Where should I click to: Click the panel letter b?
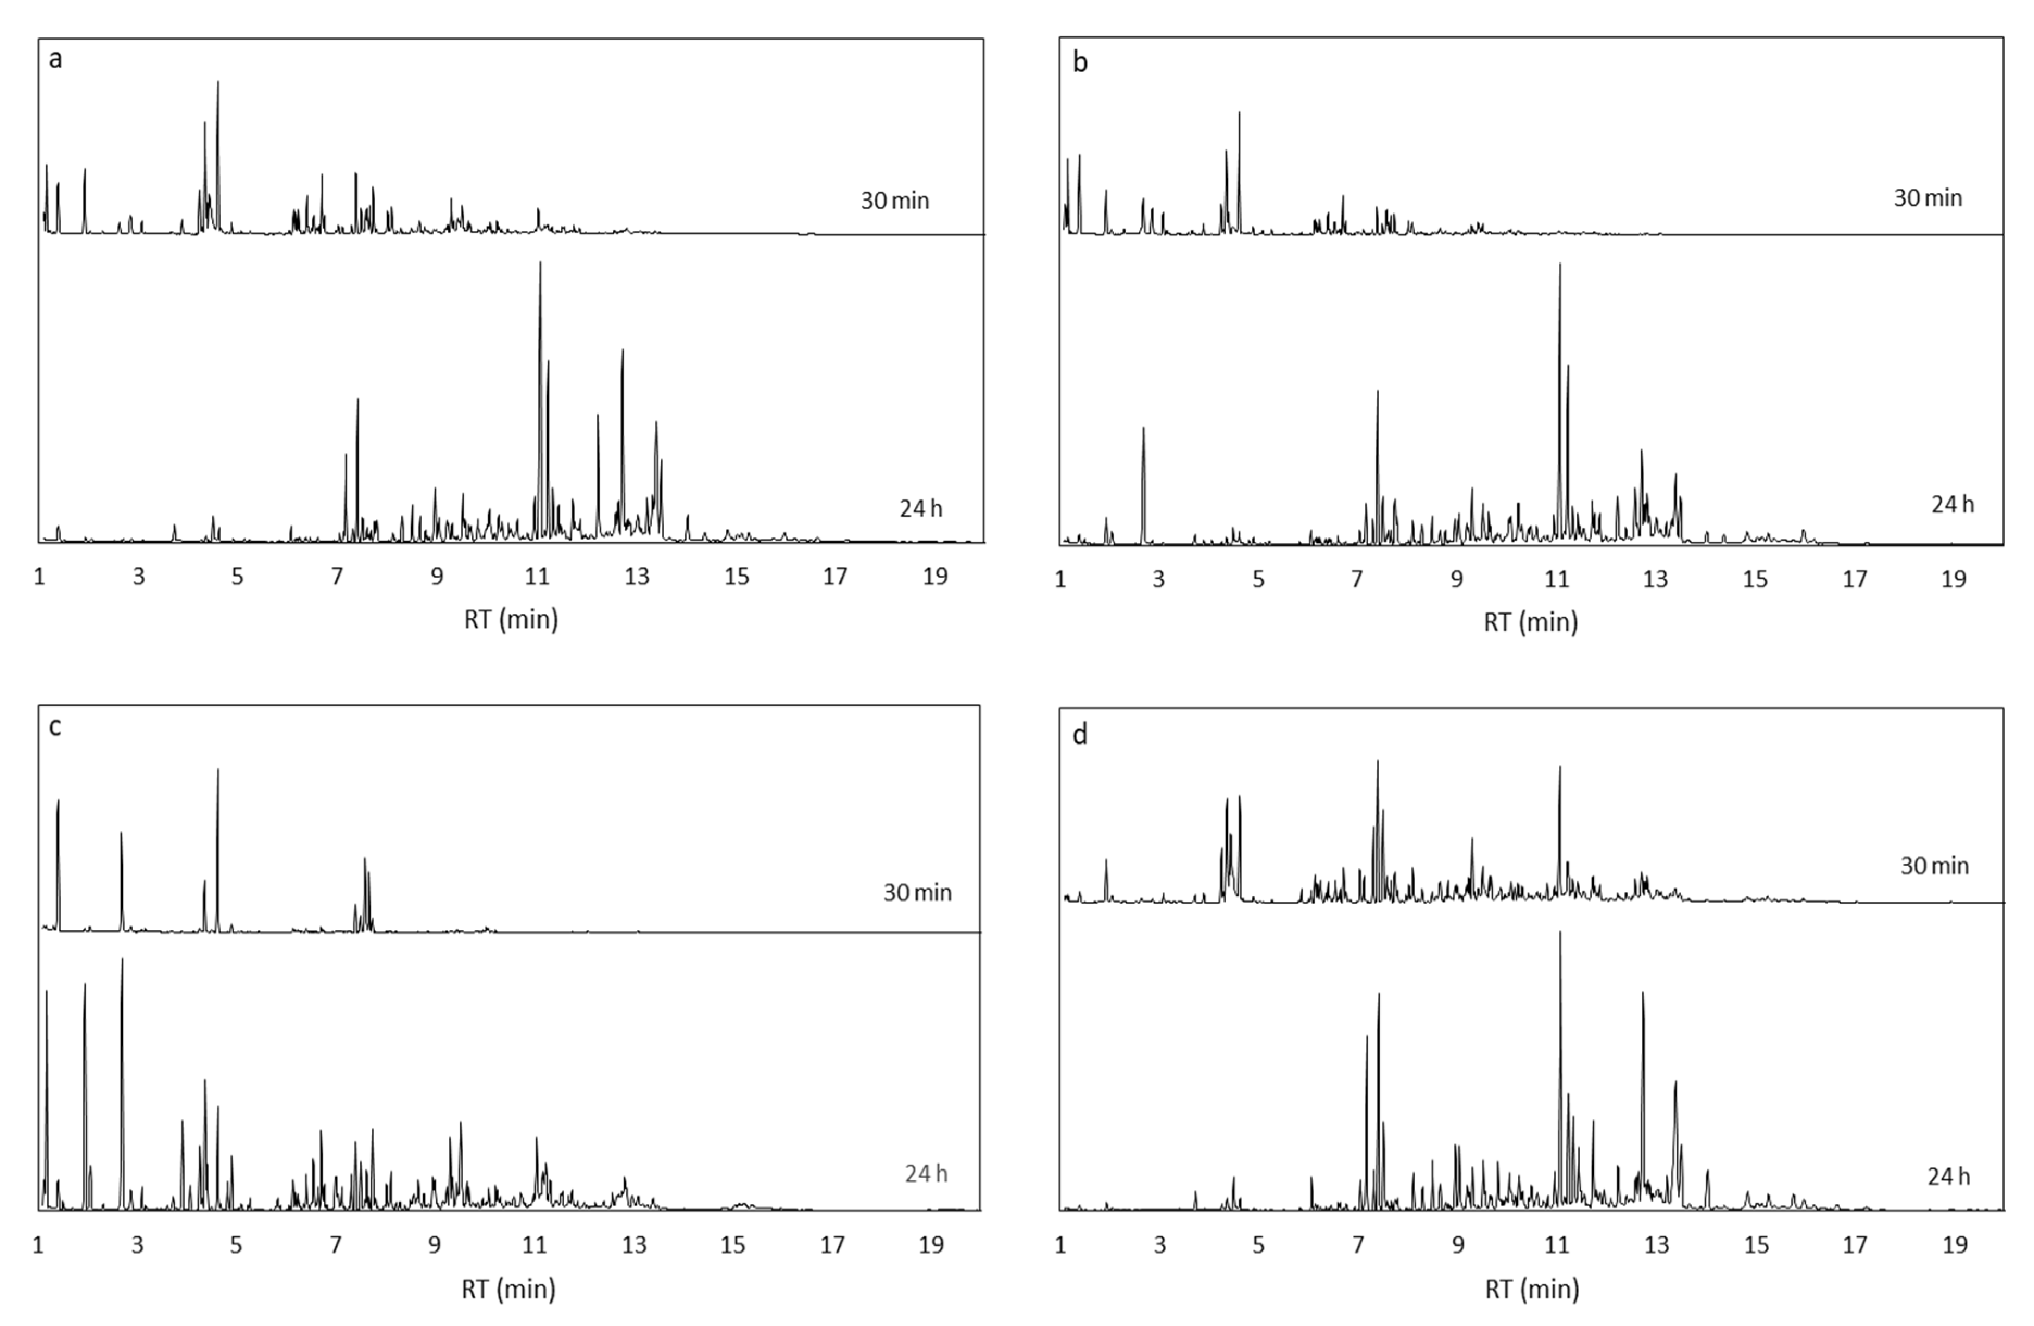[x=1080, y=62]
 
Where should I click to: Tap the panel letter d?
[x=1080, y=734]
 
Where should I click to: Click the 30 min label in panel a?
[x=894, y=201]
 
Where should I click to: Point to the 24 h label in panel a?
[x=920, y=509]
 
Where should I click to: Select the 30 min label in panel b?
[x=1927, y=198]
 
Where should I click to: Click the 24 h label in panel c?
[x=926, y=1174]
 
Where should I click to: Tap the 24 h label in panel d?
[x=1948, y=1177]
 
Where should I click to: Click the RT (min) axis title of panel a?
[x=511, y=619]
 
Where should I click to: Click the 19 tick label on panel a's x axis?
[x=935, y=577]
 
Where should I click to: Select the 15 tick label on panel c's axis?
[x=732, y=1245]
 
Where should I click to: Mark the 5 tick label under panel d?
[x=1258, y=1245]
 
